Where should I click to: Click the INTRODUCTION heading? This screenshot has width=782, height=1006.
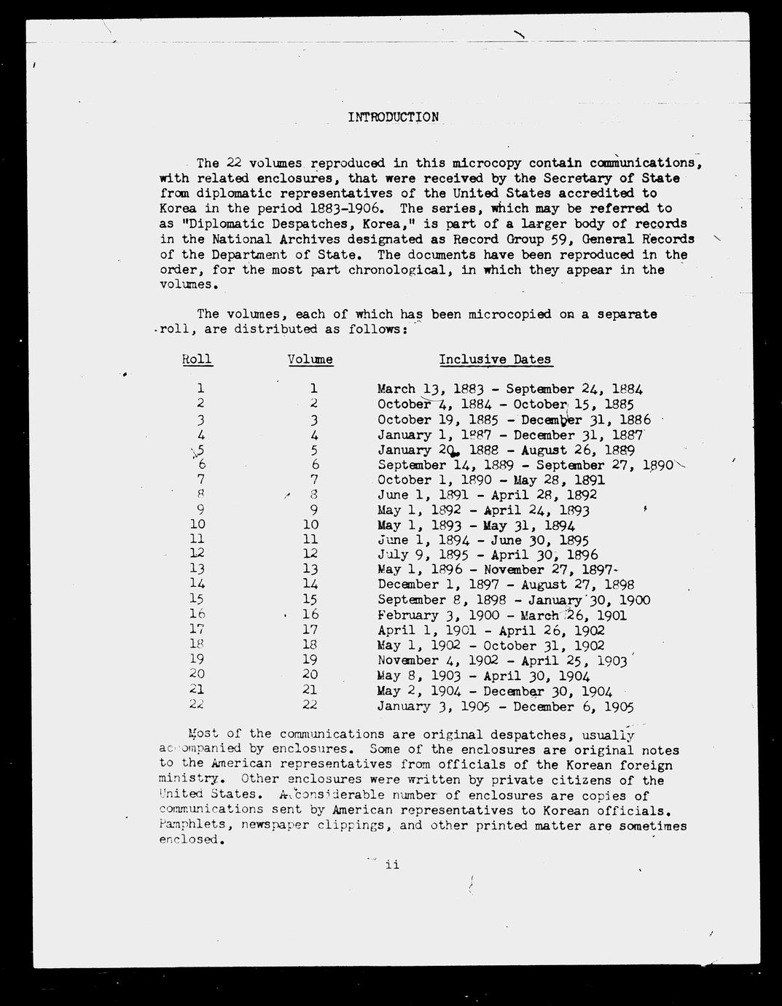pyautogui.click(x=393, y=117)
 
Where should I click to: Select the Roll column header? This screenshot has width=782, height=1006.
pyautogui.click(x=197, y=359)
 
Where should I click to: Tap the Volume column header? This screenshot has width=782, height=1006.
pyautogui.click(x=310, y=359)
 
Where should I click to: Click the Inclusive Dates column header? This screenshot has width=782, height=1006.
pyautogui.click(x=495, y=359)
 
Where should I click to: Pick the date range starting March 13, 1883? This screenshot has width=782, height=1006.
pyautogui.click(x=510, y=389)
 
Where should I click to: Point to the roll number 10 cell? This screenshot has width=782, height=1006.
pyautogui.click(x=197, y=524)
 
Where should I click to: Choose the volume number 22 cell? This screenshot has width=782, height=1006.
pyautogui.click(x=310, y=705)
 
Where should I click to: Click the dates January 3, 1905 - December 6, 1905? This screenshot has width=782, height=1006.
pyautogui.click(x=505, y=706)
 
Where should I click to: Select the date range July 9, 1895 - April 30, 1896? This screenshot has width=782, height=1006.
pyautogui.click(x=488, y=555)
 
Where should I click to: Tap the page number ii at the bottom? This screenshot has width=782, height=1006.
pyautogui.click(x=392, y=865)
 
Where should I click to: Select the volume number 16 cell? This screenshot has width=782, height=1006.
pyautogui.click(x=310, y=615)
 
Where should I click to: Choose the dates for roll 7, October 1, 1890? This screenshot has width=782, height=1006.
pyautogui.click(x=490, y=480)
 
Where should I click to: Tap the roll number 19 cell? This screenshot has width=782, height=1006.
pyautogui.click(x=197, y=660)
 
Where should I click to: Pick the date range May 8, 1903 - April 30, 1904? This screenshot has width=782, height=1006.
pyautogui.click(x=483, y=676)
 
